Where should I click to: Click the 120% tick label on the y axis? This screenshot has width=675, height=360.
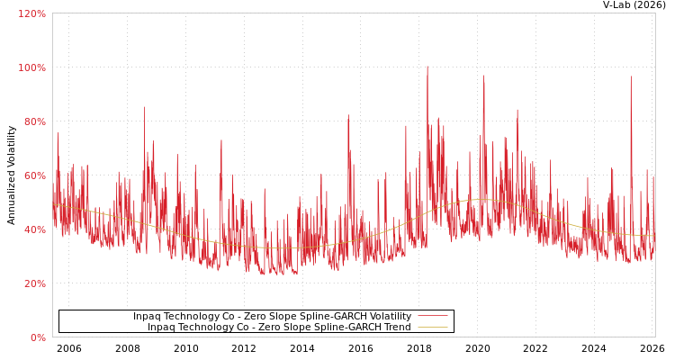click(x=31, y=14)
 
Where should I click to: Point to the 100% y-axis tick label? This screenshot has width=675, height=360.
click(x=31, y=68)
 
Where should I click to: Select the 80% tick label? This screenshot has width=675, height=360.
click(x=33, y=122)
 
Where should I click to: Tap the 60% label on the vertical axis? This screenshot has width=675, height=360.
click(x=33, y=176)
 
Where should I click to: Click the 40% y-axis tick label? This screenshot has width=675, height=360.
click(x=33, y=230)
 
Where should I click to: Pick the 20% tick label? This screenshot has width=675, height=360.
click(x=33, y=284)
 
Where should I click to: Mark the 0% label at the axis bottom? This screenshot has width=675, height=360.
click(x=37, y=338)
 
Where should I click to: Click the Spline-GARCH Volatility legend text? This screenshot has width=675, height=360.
click(x=272, y=317)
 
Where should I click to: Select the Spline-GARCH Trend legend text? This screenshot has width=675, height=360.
click(x=279, y=328)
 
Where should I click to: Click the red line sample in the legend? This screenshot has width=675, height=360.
click(x=432, y=317)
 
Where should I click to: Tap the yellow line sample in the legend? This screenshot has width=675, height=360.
click(x=432, y=328)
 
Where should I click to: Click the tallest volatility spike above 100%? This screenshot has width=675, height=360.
click(x=427, y=67)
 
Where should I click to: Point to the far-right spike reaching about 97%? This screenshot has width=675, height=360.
click(x=631, y=78)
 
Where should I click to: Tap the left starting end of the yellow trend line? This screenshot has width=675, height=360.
click(x=54, y=204)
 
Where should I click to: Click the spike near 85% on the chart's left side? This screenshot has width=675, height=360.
click(x=144, y=108)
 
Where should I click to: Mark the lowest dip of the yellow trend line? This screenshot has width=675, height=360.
click(x=279, y=248)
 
